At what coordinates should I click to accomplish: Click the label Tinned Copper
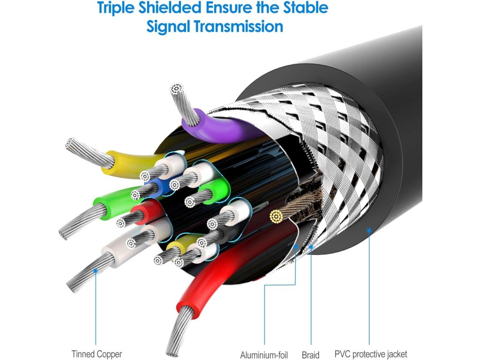pyautogui.click(x=97, y=354)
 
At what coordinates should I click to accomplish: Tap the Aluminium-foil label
pyautogui.click(x=264, y=354)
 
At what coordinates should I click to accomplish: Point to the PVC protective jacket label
pyautogui.click(x=371, y=354)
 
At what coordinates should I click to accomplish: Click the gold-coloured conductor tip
pyautogui.click(x=276, y=216)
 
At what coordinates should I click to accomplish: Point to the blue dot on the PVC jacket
pyautogui.click(x=369, y=230)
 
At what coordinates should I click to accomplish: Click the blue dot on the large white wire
pyautogui.click(x=96, y=270)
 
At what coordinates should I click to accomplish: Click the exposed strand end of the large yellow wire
pyautogui.click(x=72, y=144)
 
